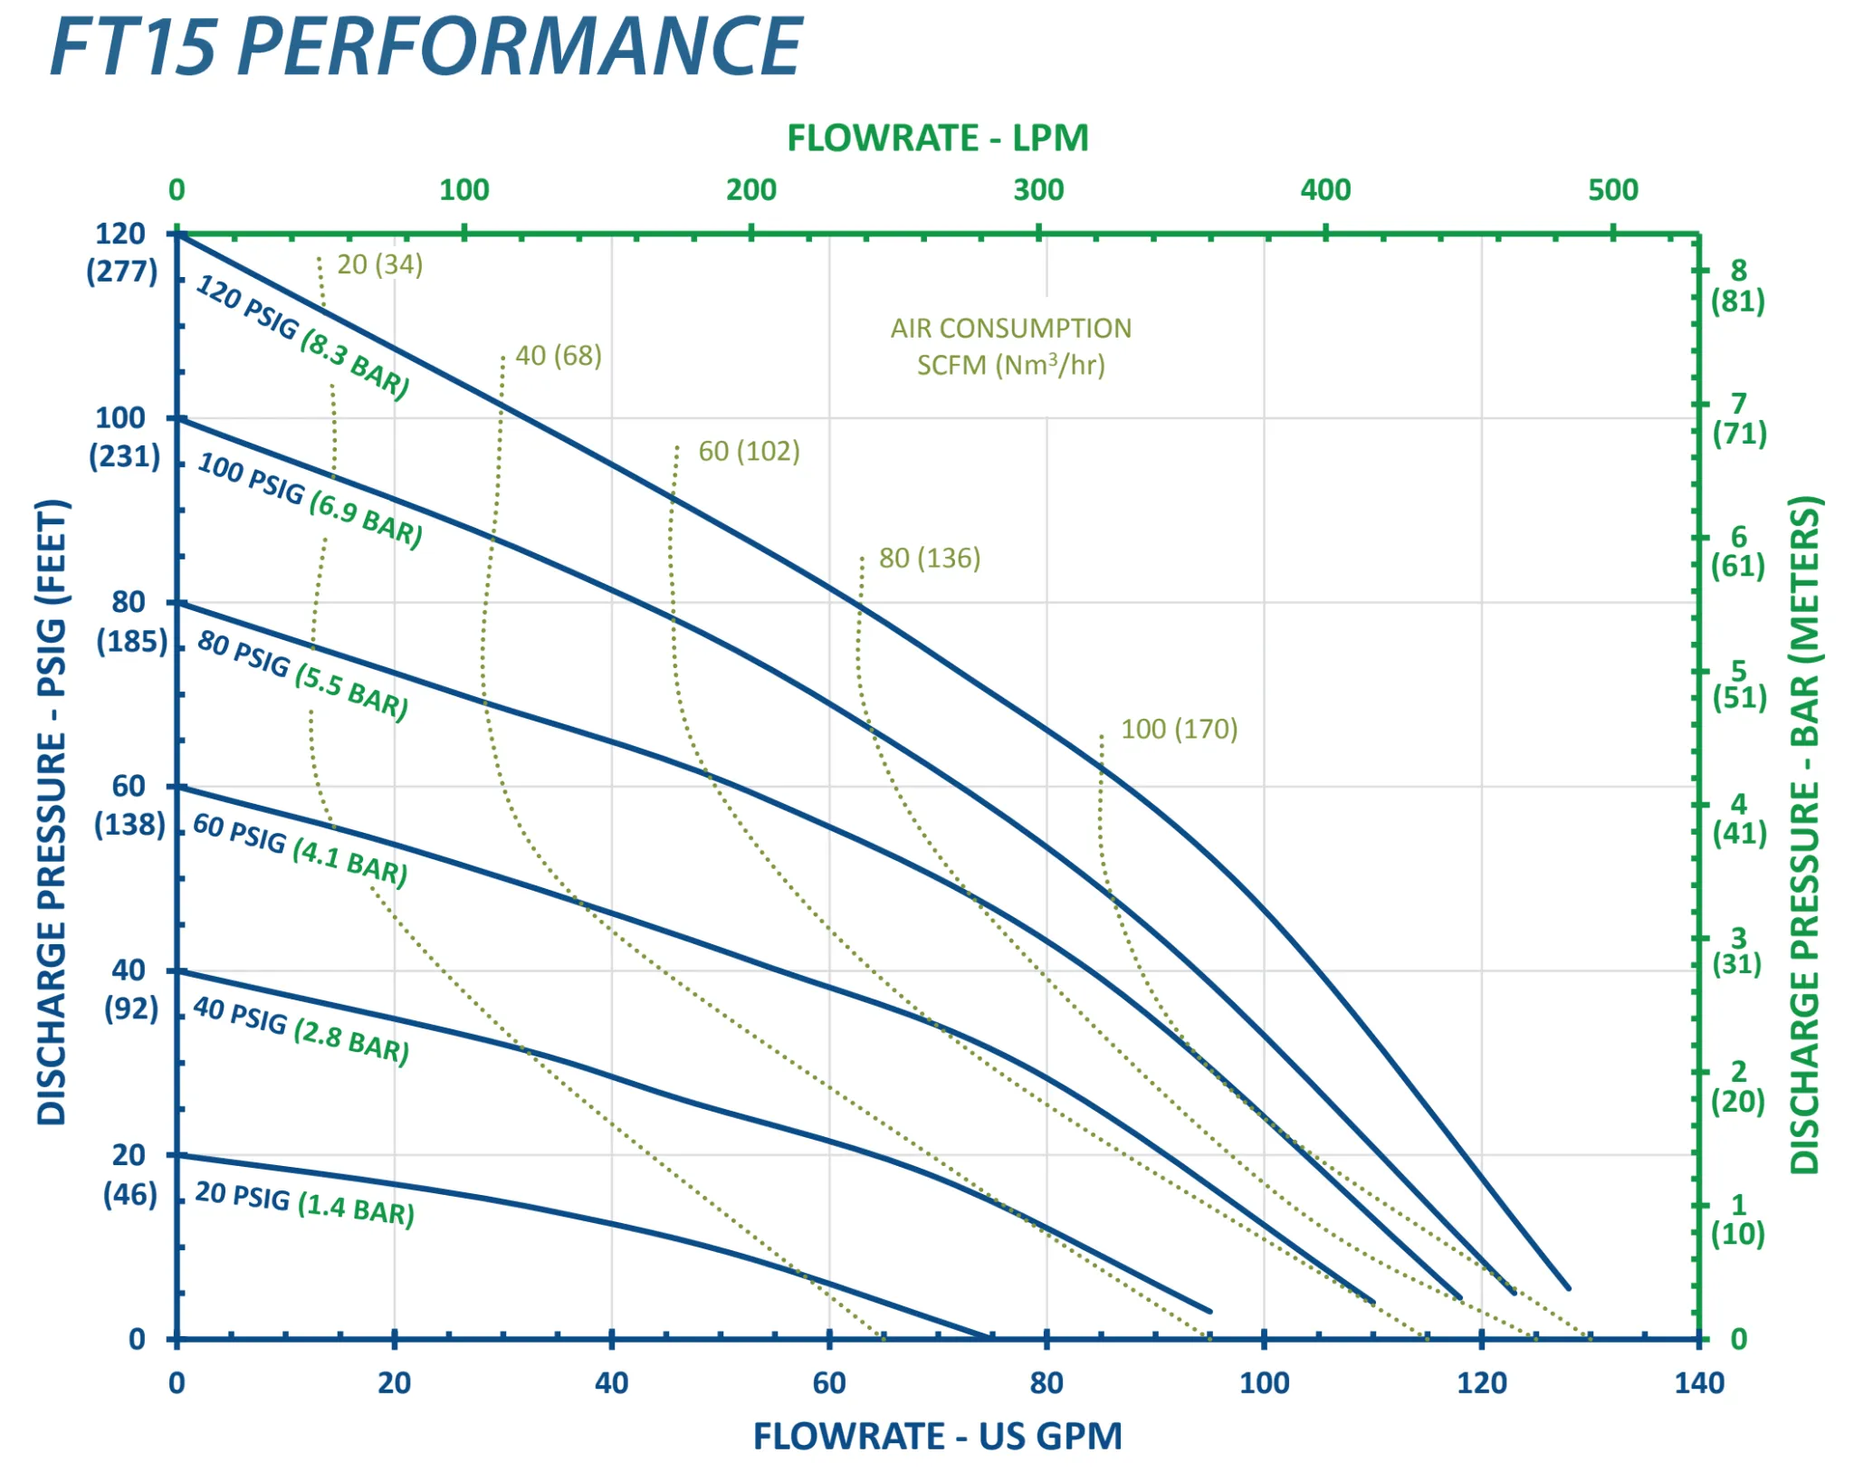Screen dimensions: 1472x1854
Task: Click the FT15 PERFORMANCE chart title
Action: tap(425, 47)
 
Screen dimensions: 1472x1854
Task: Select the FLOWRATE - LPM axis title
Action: tap(937, 139)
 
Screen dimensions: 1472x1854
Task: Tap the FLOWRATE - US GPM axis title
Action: tap(937, 1437)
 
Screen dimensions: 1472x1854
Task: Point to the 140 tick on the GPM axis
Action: tap(1698, 1383)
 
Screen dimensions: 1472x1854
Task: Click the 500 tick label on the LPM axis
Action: tap(1612, 190)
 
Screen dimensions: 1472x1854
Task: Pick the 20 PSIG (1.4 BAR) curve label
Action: tap(304, 1204)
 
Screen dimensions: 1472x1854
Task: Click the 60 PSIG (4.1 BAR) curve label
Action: tap(301, 849)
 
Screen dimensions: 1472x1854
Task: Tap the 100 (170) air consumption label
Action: tap(1179, 729)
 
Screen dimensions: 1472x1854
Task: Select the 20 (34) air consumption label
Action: tap(379, 264)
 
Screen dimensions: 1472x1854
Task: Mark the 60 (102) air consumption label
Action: tap(749, 451)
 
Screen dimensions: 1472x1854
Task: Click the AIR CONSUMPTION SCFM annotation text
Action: tap(1010, 347)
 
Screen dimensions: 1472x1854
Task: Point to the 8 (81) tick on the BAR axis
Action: tap(1737, 285)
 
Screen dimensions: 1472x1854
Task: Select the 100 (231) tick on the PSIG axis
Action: tap(124, 436)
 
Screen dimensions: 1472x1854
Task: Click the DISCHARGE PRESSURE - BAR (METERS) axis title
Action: tap(1805, 833)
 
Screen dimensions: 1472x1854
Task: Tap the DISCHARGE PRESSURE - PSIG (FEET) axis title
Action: tap(52, 811)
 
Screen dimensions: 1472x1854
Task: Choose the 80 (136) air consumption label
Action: tap(929, 558)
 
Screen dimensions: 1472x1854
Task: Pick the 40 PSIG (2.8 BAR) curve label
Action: tap(301, 1030)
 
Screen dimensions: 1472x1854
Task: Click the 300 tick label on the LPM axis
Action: tap(1038, 190)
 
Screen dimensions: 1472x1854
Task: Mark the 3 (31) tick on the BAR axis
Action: tap(1737, 951)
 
